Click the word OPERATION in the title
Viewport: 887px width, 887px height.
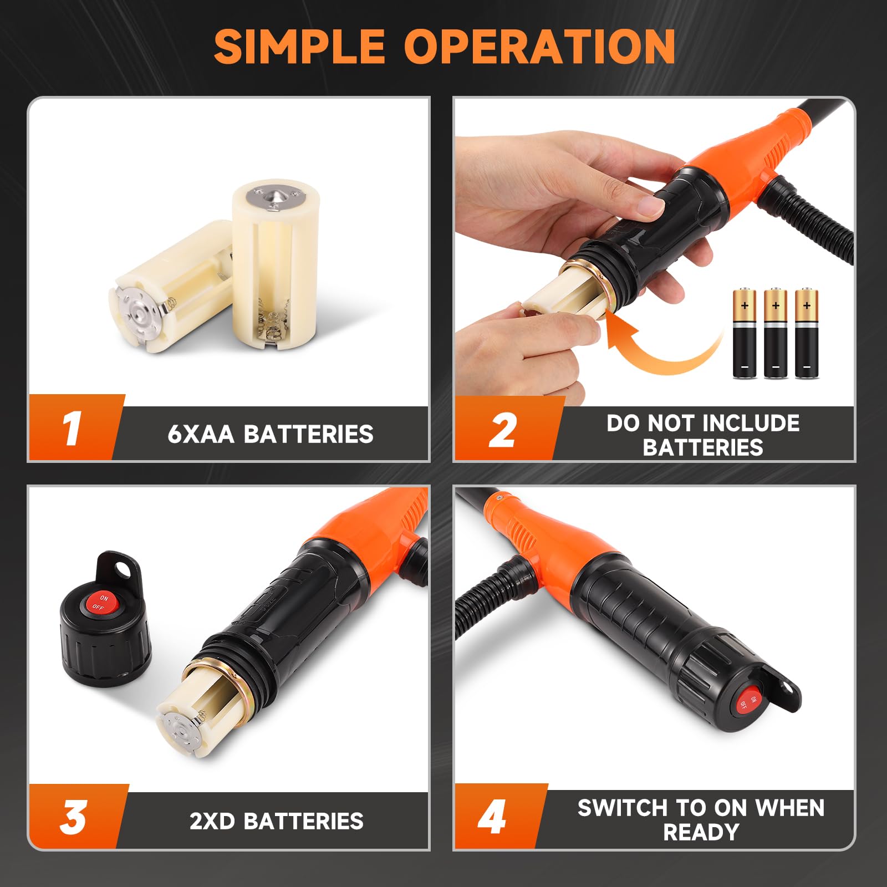pos(539,47)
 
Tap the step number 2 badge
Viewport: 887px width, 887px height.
pos(502,430)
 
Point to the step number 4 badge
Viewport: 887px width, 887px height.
pos(492,817)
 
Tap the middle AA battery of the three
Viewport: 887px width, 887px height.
pos(775,334)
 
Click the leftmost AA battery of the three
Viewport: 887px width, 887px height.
pos(744,334)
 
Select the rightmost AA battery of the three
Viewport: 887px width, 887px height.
pos(807,334)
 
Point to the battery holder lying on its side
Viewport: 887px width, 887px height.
pos(166,288)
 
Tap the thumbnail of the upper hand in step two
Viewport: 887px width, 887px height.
pos(650,207)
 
